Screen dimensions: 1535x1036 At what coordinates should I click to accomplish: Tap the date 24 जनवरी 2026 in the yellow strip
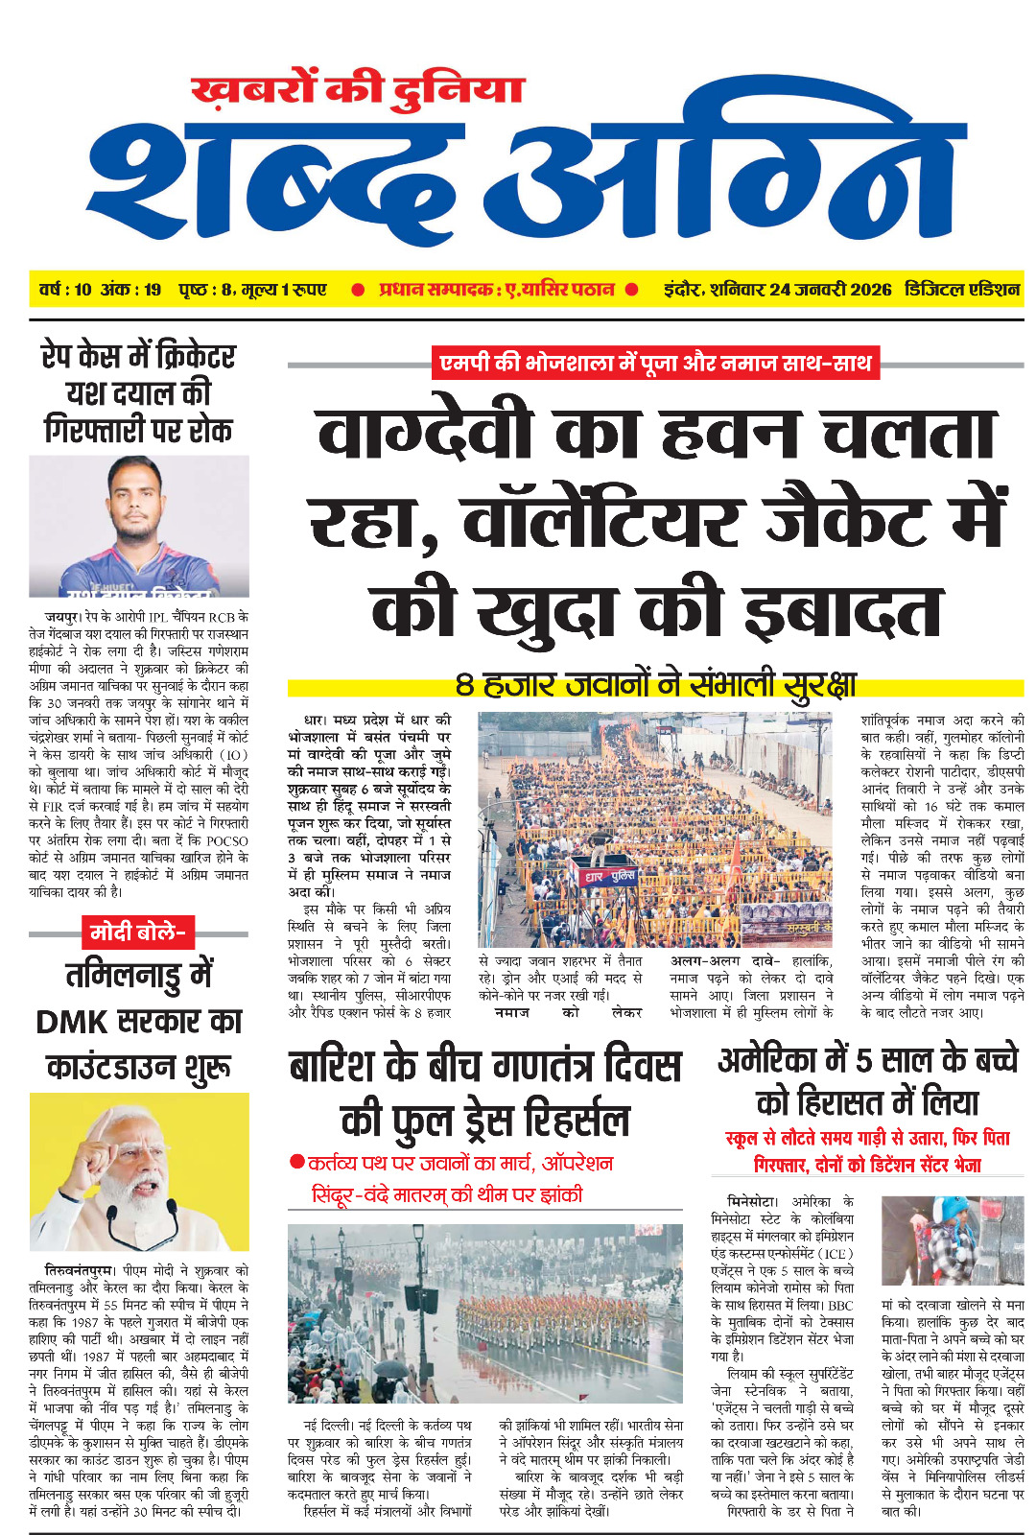(x=829, y=290)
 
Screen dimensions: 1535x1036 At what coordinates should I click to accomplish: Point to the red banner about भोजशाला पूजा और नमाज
(x=655, y=363)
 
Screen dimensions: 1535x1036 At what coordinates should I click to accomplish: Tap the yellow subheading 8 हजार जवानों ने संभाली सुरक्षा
(x=655, y=685)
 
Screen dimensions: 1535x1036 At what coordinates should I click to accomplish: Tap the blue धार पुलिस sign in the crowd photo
(x=610, y=877)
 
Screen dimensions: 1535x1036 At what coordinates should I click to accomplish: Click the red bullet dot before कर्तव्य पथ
(x=297, y=1163)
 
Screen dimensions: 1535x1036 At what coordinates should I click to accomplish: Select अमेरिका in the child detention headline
(x=767, y=1060)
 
